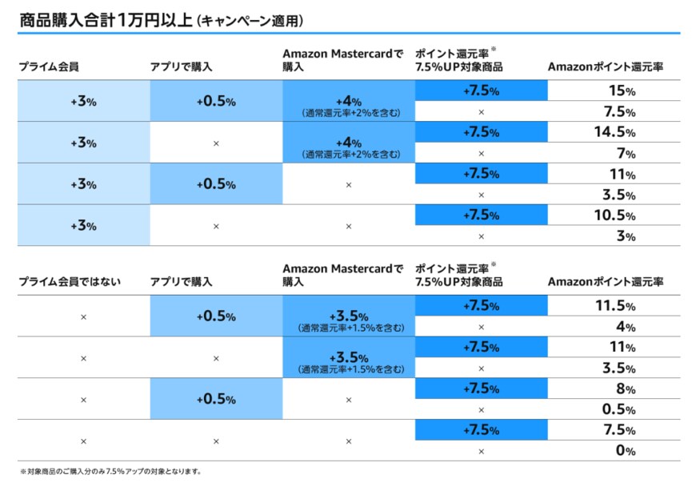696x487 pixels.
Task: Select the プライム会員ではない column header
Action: (x=70, y=281)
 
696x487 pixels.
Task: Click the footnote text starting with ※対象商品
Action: (x=110, y=472)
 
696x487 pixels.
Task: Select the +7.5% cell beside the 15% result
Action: (x=481, y=91)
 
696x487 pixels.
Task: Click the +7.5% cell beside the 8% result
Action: (x=481, y=388)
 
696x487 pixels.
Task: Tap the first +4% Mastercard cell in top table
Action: (x=349, y=106)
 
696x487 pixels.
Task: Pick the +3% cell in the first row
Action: (x=83, y=102)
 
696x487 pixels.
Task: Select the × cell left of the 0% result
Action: (x=481, y=451)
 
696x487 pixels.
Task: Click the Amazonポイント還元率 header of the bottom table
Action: (x=606, y=281)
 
